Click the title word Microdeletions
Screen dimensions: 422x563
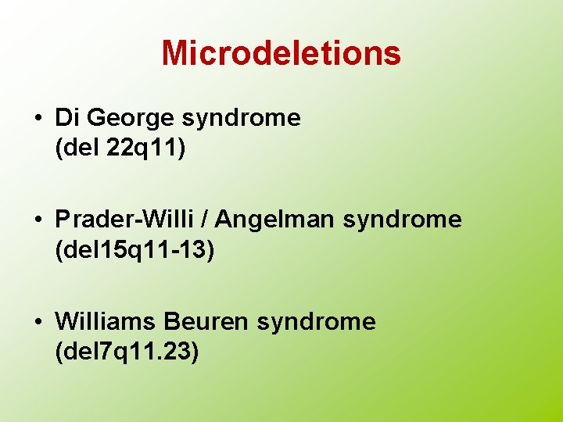(x=281, y=53)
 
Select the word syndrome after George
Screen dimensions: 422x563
(x=241, y=119)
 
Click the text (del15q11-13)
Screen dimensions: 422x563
(x=134, y=250)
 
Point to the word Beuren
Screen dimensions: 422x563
(x=206, y=321)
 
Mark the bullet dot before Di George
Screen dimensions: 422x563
(x=38, y=119)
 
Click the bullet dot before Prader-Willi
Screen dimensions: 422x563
(x=38, y=220)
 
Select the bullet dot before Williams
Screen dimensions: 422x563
(x=38, y=322)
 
